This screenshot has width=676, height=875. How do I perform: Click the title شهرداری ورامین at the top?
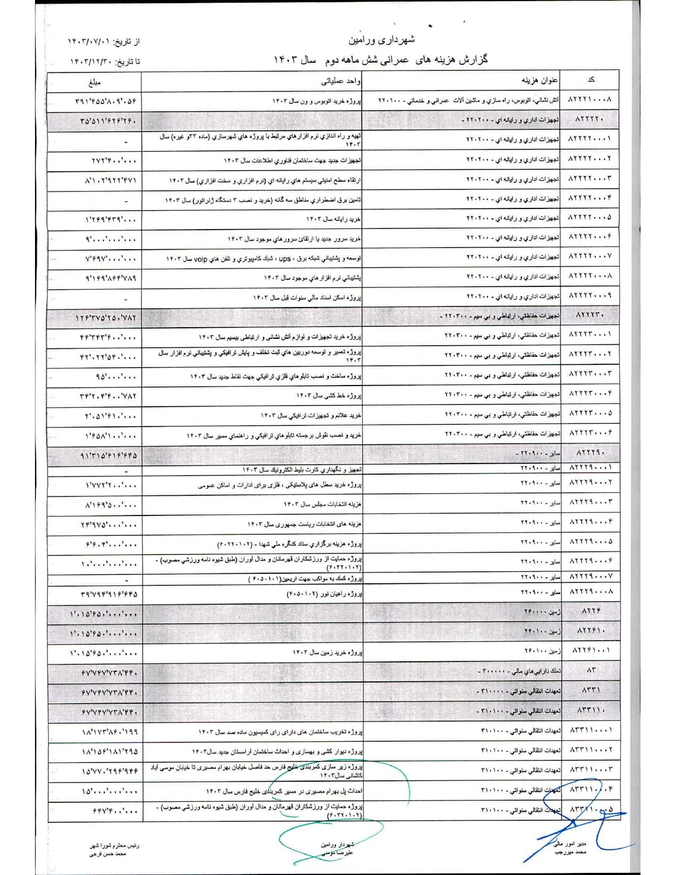coord(382,40)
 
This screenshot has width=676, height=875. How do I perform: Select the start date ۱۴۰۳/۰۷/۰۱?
coord(90,41)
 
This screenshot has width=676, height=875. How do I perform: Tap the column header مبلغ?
coord(95,82)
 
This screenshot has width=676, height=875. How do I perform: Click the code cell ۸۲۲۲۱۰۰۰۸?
coord(590,100)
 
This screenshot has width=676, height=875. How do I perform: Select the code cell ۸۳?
coord(591,670)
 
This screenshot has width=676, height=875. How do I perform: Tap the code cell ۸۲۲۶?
coord(591,611)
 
